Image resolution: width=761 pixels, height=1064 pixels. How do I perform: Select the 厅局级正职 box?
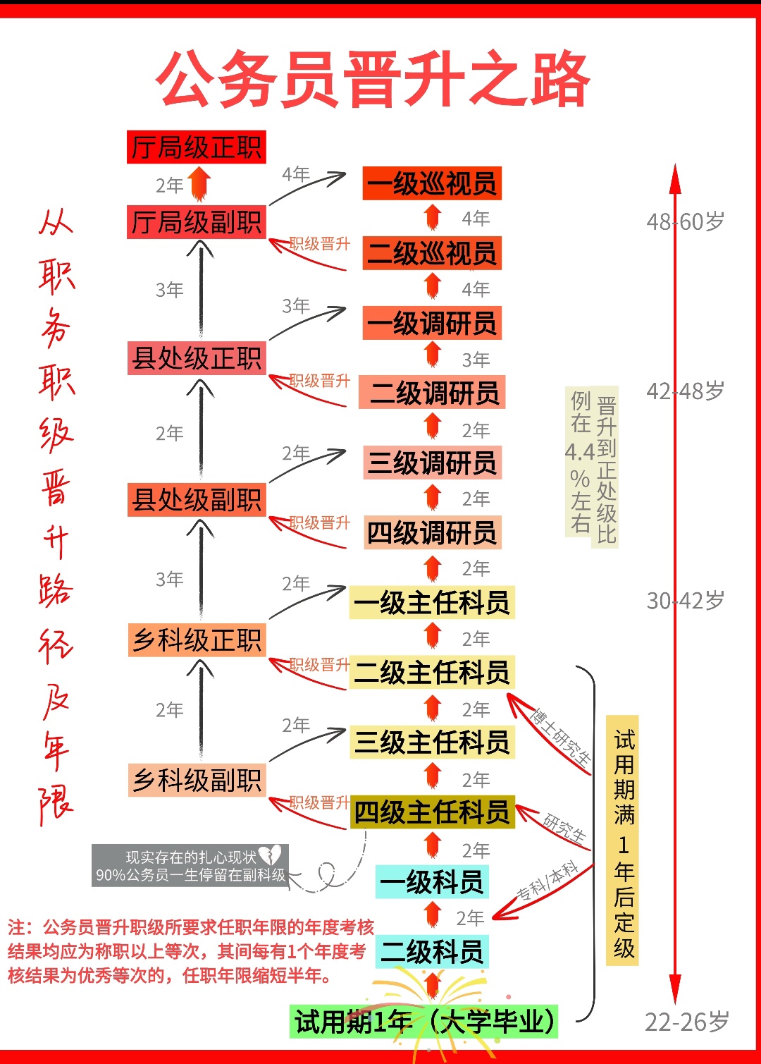pos(197,147)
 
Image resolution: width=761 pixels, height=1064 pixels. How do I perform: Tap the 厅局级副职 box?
pos(197,222)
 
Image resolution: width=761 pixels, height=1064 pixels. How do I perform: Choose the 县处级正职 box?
pos(197,358)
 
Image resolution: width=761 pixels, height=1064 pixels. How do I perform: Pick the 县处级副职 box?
pos(197,500)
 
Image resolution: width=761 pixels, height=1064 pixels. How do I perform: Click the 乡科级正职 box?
pos(197,640)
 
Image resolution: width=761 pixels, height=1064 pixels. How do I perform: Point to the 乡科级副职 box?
pos(197,781)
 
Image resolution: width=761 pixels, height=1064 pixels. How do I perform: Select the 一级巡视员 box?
pos(432,184)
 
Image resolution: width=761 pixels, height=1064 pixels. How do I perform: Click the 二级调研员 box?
pos(432,393)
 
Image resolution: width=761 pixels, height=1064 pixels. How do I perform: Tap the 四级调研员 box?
pos(432,533)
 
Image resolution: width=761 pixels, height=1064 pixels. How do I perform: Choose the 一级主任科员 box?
pos(432,603)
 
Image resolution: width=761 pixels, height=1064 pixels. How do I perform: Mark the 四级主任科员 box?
pos(432,812)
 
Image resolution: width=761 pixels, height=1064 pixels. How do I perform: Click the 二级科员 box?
pos(432,952)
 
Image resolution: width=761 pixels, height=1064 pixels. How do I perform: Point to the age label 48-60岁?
pos(685,222)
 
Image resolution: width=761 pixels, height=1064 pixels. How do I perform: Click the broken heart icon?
pos(270,855)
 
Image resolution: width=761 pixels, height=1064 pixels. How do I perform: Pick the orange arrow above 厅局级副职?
pos(200,183)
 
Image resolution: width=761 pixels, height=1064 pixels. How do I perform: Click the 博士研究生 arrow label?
pos(561,738)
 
